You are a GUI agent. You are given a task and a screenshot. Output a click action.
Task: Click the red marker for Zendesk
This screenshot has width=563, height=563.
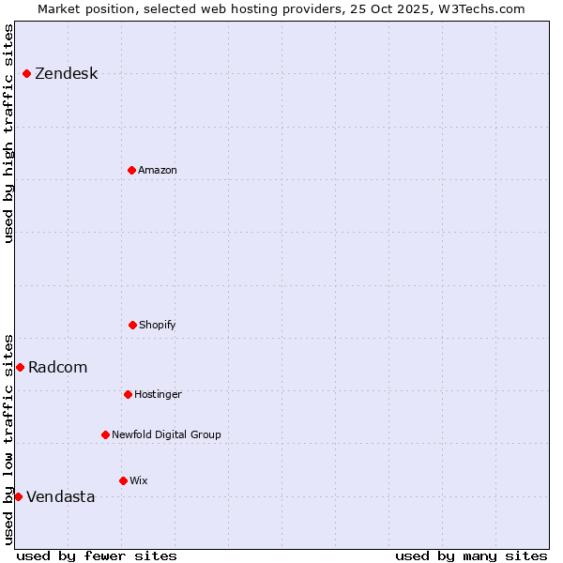(26, 73)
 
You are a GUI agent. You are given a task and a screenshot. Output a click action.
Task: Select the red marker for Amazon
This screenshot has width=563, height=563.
(131, 170)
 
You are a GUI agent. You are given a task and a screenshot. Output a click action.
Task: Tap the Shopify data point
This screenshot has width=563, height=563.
(132, 325)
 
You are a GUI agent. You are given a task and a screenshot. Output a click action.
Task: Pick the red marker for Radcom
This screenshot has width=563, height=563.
(20, 367)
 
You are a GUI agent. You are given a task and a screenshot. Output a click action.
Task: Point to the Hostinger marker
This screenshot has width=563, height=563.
(128, 394)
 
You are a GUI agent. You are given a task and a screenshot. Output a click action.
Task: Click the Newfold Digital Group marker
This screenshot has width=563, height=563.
(105, 434)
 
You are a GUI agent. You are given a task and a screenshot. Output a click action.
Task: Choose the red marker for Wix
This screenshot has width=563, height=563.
(123, 480)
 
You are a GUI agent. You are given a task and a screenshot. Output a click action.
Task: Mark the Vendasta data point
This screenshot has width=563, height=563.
(18, 496)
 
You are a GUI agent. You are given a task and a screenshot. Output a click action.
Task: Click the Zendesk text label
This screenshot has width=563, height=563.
(66, 74)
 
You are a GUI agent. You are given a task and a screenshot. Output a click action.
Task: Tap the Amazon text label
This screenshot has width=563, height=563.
(158, 170)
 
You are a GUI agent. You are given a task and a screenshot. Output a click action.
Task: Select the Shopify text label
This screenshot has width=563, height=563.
(158, 325)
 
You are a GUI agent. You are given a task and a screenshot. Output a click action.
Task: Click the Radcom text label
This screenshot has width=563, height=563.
(57, 367)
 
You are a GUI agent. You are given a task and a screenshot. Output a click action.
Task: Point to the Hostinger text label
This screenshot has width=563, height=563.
(158, 394)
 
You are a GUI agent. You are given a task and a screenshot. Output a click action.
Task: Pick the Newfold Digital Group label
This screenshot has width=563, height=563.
(166, 434)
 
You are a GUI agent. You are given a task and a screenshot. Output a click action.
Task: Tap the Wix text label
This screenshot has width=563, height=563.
(139, 480)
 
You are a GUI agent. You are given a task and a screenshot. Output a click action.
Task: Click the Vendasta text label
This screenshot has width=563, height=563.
(60, 496)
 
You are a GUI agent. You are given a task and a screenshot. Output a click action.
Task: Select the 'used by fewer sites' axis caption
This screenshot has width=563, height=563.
(97, 555)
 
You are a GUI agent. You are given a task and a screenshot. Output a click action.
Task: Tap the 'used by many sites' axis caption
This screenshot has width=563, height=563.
(471, 555)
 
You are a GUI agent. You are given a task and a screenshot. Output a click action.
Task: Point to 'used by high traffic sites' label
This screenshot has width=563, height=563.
(8, 133)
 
